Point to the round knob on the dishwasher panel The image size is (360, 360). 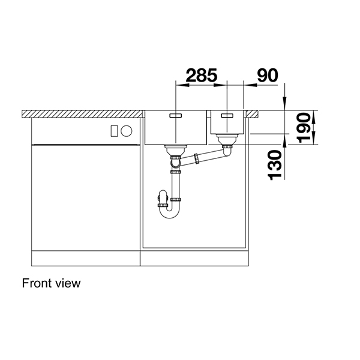coord(127,131)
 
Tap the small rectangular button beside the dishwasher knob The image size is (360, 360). coord(115,131)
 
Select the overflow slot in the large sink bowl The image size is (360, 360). coord(178,115)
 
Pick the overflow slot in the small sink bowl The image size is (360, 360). coord(227,115)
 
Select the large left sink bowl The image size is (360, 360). coord(175,128)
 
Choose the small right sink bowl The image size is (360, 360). coord(227,124)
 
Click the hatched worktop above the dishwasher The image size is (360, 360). coord(84,113)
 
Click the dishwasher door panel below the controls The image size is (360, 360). coord(84,198)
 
